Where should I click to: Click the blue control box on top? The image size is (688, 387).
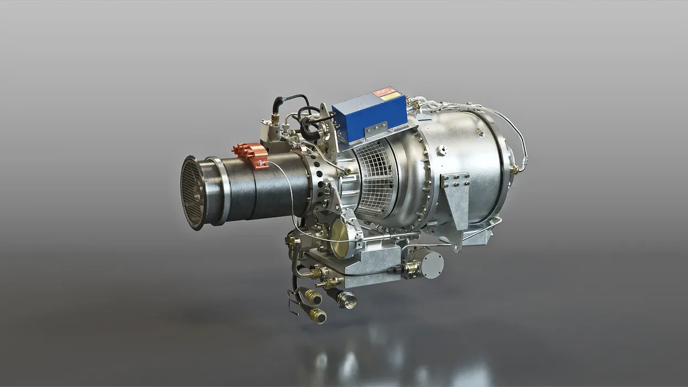tap(362, 114)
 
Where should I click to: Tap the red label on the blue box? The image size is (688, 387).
tap(383, 91)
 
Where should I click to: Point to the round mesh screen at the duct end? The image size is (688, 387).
tap(192, 192)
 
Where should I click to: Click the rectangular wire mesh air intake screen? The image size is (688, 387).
tap(376, 177)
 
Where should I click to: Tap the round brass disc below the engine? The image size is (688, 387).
tap(341, 238)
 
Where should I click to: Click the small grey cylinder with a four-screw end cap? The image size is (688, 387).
tap(427, 262)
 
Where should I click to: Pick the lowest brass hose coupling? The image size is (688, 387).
tap(317, 316)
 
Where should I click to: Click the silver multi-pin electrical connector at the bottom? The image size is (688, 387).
tap(347, 300)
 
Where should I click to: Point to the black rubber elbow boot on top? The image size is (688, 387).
tap(278, 104)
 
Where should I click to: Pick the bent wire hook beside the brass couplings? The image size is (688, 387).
tap(293, 301)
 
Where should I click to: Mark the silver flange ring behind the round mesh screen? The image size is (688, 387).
tap(217, 191)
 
